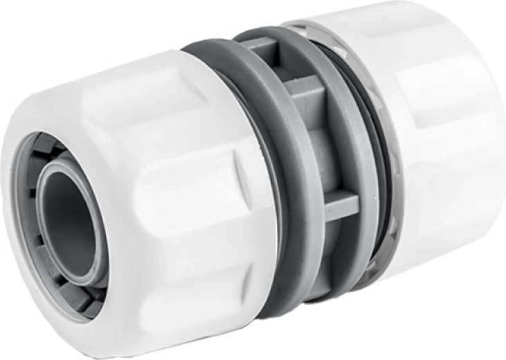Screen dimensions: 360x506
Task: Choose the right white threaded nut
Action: (443, 138)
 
